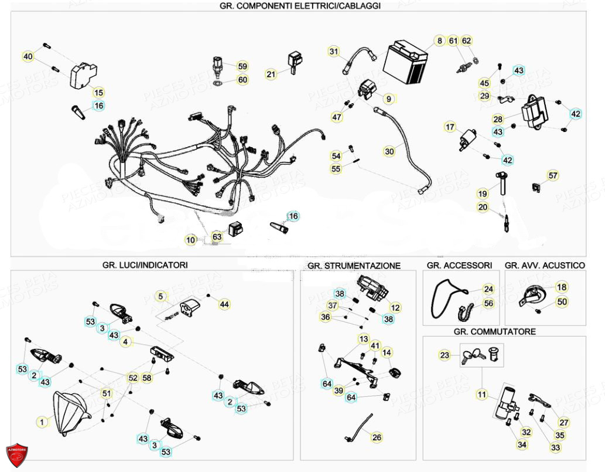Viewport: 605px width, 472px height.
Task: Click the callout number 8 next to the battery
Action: (439, 41)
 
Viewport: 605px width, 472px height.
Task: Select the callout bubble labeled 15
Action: (98, 93)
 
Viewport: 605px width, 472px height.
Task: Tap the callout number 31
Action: (334, 51)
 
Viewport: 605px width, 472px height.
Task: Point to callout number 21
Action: (271, 74)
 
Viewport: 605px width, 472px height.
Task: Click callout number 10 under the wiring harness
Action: (191, 239)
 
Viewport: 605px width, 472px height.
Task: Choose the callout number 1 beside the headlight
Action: (42, 421)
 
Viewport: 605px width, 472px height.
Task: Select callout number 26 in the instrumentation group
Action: (377, 437)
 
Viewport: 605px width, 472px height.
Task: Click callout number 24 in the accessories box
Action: (488, 289)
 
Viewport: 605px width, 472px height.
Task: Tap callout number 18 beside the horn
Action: (561, 287)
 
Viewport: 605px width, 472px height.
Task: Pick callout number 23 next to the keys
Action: (445, 355)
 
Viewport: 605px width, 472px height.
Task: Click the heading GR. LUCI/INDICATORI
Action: (145, 265)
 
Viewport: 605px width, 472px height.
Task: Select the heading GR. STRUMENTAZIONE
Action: (354, 266)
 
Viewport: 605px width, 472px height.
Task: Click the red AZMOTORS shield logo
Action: (16, 456)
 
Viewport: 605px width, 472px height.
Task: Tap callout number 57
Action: (553, 175)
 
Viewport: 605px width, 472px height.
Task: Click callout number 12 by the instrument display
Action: (395, 307)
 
